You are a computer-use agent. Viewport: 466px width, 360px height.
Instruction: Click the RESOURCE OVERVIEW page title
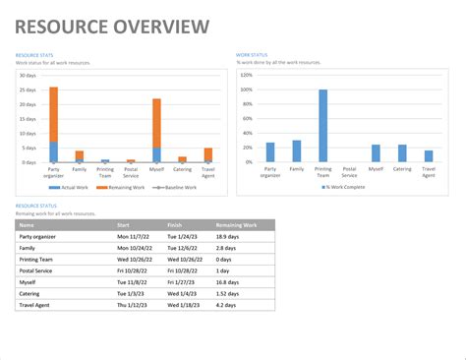(112, 27)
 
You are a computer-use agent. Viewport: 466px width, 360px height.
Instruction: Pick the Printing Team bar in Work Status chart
(322, 126)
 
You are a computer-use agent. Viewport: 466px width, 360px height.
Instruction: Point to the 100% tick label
(246, 89)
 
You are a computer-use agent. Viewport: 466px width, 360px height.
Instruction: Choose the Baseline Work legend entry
(178, 187)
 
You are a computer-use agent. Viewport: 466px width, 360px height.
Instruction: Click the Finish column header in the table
(175, 225)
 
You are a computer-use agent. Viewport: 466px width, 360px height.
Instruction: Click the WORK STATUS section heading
(252, 55)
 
